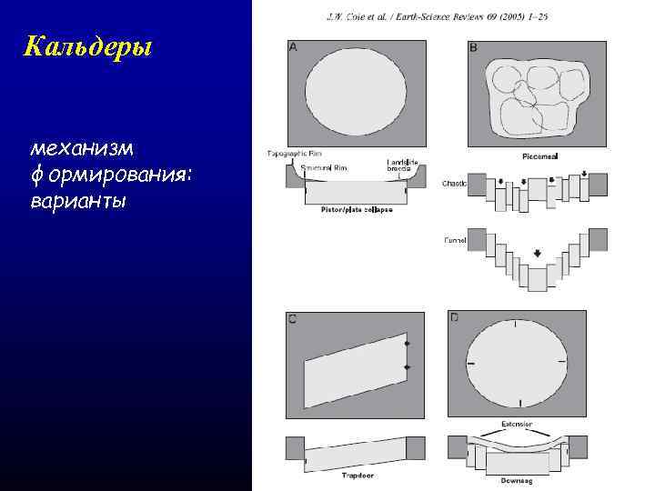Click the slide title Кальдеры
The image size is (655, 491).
click(x=88, y=45)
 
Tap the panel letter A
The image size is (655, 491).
click(x=292, y=46)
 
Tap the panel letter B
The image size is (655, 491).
click(x=473, y=46)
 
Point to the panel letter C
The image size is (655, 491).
click(x=292, y=318)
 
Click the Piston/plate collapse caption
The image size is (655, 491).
click(x=356, y=210)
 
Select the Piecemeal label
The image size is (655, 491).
click(x=540, y=156)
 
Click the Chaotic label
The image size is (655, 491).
click(x=455, y=183)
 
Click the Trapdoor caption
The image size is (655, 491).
click(x=358, y=476)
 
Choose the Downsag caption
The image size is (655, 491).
click(x=517, y=479)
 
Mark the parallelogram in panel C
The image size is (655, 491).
click(x=356, y=369)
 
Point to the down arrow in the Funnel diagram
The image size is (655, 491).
click(x=538, y=254)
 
